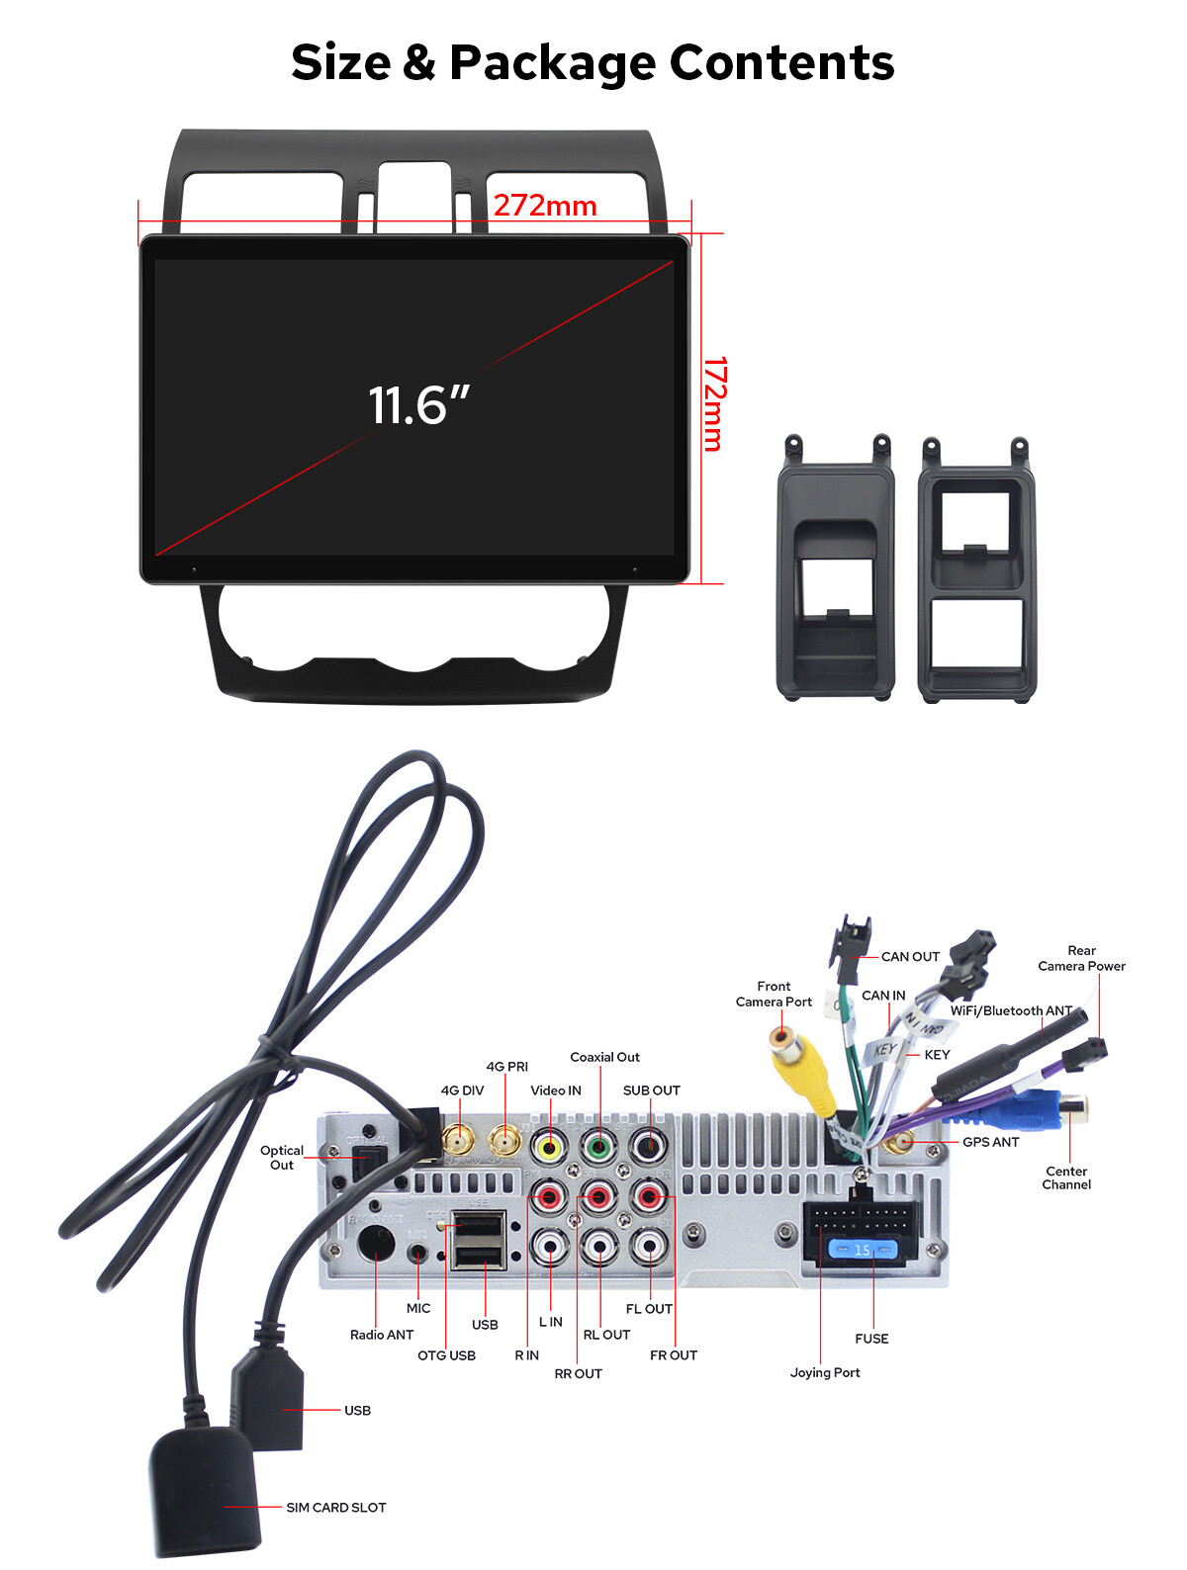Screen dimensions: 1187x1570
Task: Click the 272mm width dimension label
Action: (x=545, y=206)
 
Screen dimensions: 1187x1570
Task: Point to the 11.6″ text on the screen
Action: (x=418, y=404)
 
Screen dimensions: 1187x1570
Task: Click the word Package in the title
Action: (x=552, y=64)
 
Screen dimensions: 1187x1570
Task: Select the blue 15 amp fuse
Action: (x=862, y=1250)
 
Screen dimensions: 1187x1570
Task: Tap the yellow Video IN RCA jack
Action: (x=549, y=1147)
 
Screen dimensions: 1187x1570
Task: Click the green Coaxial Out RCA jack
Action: (x=598, y=1147)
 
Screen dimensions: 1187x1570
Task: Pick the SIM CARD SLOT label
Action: (x=335, y=1507)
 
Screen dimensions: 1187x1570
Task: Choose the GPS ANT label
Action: (x=990, y=1142)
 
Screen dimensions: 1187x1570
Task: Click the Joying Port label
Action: (x=824, y=1372)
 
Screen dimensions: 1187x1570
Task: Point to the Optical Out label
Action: (x=281, y=1158)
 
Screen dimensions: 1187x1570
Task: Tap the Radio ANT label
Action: (x=382, y=1334)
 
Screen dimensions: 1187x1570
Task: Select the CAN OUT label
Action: (x=909, y=956)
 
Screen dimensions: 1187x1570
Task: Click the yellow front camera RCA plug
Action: (x=799, y=1067)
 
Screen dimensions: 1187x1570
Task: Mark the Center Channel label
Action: (x=1066, y=1177)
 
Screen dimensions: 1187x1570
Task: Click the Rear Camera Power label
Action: (x=1081, y=958)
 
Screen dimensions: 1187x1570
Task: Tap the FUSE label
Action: (x=871, y=1339)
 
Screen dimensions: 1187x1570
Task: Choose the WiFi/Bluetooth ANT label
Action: (x=1010, y=1010)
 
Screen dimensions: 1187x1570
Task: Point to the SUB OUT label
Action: (x=651, y=1090)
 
